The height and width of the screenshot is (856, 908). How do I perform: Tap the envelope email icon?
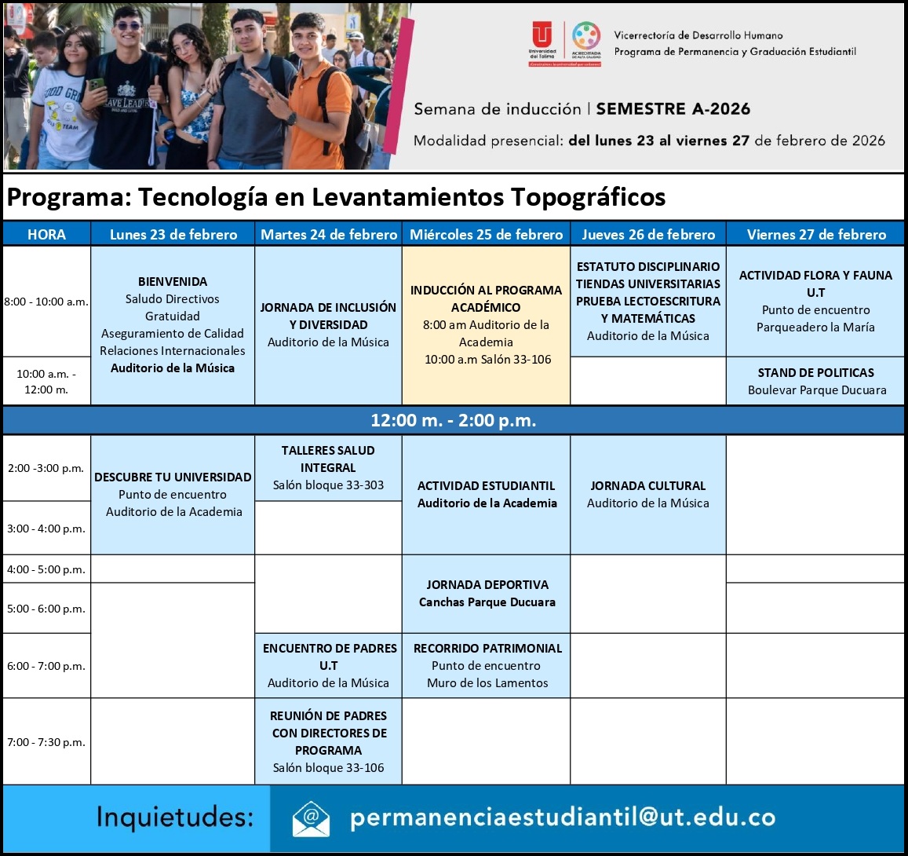(311, 818)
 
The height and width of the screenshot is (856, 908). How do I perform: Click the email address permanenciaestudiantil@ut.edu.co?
(563, 818)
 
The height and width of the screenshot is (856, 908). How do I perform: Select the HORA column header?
(46, 234)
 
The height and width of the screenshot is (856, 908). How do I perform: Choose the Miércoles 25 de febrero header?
(486, 234)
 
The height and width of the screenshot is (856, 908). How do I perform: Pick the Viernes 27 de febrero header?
(815, 234)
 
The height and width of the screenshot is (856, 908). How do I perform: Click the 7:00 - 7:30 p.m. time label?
(46, 742)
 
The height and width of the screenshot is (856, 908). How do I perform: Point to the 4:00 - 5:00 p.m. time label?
(46, 569)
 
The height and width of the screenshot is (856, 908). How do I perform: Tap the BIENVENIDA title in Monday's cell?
(173, 281)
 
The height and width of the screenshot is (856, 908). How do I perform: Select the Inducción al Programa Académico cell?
(486, 325)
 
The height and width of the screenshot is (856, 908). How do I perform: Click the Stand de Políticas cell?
(815, 381)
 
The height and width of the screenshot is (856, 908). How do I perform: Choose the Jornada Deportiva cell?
(487, 594)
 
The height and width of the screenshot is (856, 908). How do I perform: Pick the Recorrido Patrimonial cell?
(487, 665)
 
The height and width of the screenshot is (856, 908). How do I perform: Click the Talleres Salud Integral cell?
(328, 468)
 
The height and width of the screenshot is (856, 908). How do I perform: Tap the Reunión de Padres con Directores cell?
(328, 741)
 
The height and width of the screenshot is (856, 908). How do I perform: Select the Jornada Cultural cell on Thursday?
(647, 495)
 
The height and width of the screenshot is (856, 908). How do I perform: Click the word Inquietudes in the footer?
(175, 818)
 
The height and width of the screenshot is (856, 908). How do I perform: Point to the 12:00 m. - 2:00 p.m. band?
(454, 420)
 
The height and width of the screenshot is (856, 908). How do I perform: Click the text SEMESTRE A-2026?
(673, 109)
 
